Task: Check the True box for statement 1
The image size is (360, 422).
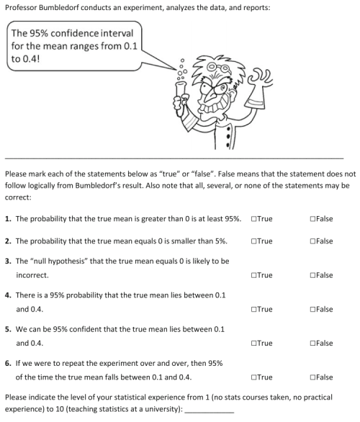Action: pyautogui.click(x=253, y=218)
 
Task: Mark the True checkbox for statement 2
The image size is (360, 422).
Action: pyautogui.click(x=253, y=241)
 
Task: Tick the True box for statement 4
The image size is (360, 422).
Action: pyautogui.click(x=253, y=309)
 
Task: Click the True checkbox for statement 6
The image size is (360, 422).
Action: pyautogui.click(x=253, y=377)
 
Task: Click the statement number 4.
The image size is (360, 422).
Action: pyautogui.click(x=7, y=296)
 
